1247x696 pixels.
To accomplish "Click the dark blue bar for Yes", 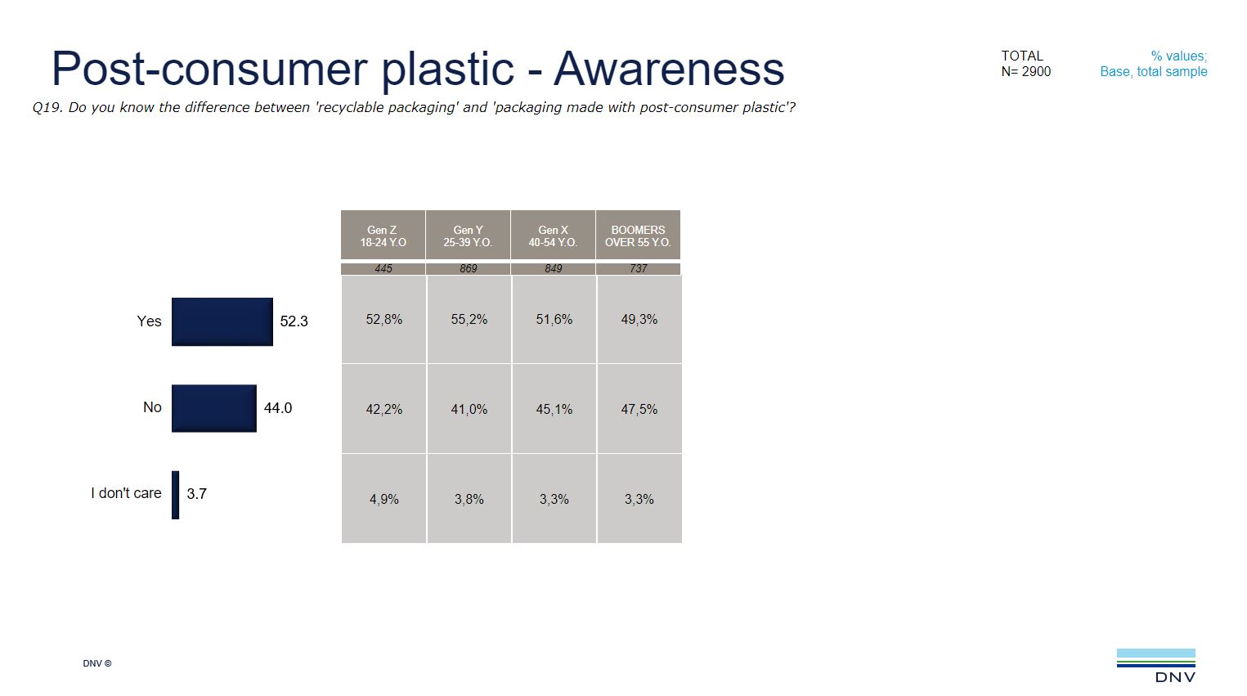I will [x=222, y=321].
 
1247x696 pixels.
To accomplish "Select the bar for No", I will [x=213, y=408].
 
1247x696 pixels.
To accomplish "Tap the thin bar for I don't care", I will [x=175, y=494].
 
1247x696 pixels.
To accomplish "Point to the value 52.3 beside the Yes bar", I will [x=294, y=321].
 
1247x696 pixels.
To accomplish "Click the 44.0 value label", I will [x=277, y=408].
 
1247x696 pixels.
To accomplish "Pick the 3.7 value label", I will [x=196, y=494].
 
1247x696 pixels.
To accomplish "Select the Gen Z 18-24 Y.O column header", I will [x=383, y=236].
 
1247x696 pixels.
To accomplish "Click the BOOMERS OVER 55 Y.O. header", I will [x=638, y=236].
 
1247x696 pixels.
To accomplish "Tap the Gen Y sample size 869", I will [x=468, y=268].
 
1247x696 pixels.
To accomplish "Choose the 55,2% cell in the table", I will [x=469, y=320].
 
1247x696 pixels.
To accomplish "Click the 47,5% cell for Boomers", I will [x=639, y=409].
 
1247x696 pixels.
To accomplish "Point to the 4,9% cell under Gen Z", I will [x=384, y=499].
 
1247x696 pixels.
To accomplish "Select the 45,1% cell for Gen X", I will [x=554, y=409].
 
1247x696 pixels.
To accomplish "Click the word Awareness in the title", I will [x=668, y=69].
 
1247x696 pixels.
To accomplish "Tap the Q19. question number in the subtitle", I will [x=47, y=108].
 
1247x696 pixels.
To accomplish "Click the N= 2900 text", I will [x=1025, y=72].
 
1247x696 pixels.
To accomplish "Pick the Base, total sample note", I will [x=1153, y=72].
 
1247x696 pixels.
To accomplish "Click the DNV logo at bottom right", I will [x=1156, y=665].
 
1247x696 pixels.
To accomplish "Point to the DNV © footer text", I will [x=96, y=663].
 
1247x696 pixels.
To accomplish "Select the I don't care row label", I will [x=126, y=493].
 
